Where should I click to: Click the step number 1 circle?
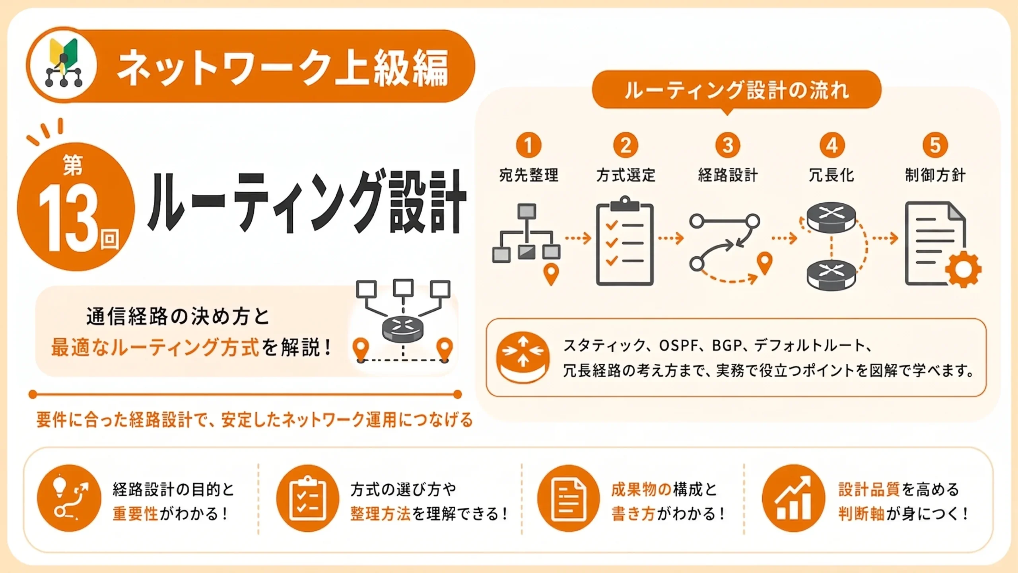tap(528, 145)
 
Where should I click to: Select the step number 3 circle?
tap(728, 145)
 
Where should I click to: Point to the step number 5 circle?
tap(935, 145)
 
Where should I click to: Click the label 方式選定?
tap(626, 175)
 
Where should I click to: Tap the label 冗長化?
tap(831, 175)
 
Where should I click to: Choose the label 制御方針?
tap(935, 175)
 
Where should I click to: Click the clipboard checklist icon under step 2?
tap(625, 241)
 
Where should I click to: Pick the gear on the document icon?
tap(963, 269)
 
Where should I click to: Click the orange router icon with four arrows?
tap(523, 357)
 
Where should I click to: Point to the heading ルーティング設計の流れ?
tap(737, 90)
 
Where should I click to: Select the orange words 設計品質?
tap(869, 489)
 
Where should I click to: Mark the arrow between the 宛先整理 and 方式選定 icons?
tap(578, 238)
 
